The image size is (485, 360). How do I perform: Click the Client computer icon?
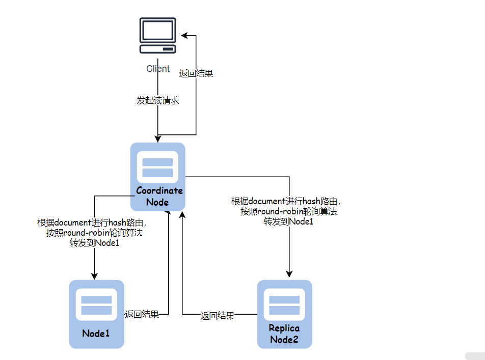coord(158,36)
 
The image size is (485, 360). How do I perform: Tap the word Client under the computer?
coord(158,69)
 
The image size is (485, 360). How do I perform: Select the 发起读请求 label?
coord(158,101)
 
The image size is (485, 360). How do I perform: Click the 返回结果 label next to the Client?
coord(196,73)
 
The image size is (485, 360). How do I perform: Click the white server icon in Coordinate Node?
coord(157,168)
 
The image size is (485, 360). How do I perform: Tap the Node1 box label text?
coord(96,334)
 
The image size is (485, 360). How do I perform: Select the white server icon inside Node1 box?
coord(97,305)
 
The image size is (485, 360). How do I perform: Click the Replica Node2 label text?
coord(284,334)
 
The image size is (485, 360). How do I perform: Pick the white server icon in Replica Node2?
coord(284,305)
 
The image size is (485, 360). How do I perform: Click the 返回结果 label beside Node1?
coord(142,314)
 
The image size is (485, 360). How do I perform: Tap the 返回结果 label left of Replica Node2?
coord(218,316)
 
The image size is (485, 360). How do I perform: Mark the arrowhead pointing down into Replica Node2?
coord(289,275)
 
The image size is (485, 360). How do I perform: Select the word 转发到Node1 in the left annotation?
coord(94,243)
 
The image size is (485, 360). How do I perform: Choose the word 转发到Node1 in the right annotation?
coord(288,221)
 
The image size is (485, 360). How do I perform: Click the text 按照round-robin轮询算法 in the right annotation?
coord(288,211)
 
